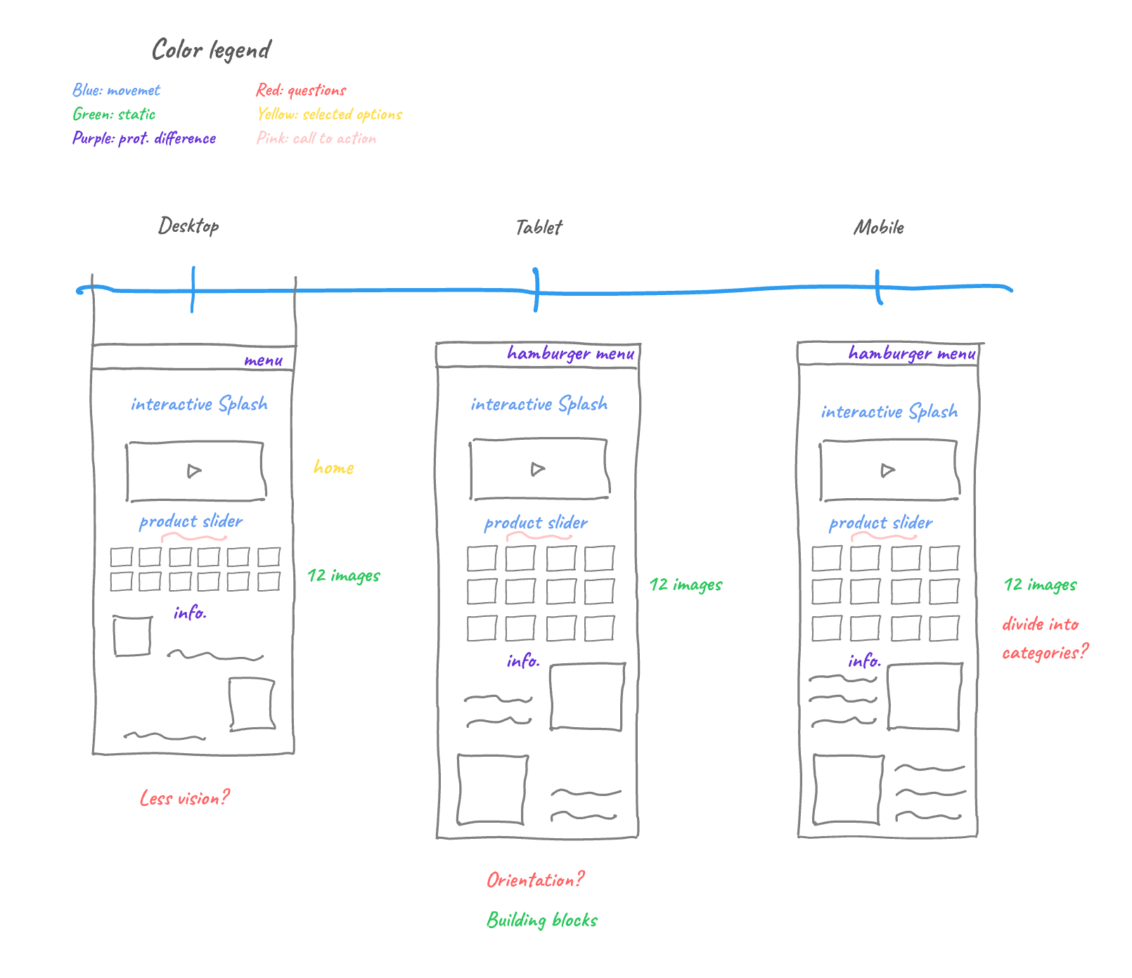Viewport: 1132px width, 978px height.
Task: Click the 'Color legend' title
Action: tap(211, 50)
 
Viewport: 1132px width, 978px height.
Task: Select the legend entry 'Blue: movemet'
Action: tap(117, 90)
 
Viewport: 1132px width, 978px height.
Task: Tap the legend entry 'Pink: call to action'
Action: tap(316, 138)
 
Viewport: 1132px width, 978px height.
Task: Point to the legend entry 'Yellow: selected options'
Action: tap(330, 114)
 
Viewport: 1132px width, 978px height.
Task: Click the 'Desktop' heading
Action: tap(188, 226)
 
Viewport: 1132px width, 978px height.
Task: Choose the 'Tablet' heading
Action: tap(539, 227)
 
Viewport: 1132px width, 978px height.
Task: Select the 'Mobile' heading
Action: tap(879, 227)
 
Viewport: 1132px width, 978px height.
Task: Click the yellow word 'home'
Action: tap(334, 467)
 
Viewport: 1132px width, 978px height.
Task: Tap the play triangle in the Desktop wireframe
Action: tap(194, 471)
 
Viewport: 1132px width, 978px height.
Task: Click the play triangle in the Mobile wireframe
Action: tap(887, 470)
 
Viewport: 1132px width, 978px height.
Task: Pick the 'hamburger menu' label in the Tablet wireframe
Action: tap(571, 353)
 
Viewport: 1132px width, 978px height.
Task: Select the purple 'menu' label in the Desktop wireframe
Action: tap(264, 360)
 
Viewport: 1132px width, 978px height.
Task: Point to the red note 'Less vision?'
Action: tap(185, 798)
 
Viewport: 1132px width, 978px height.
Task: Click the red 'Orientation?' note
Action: tap(535, 880)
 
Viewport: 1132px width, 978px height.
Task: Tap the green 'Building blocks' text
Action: tap(542, 920)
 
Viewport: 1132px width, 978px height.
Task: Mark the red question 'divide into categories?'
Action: tap(1045, 639)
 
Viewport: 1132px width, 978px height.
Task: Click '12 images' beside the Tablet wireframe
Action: tap(686, 585)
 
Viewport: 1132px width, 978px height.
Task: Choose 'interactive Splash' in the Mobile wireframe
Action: tap(889, 411)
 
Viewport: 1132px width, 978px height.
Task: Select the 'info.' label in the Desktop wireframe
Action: tap(190, 613)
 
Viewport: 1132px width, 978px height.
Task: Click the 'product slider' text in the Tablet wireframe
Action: tap(536, 523)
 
